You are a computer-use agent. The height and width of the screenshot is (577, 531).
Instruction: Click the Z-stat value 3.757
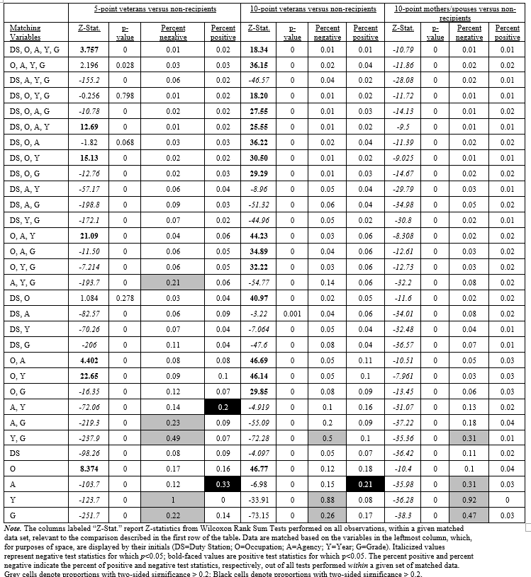point(89,50)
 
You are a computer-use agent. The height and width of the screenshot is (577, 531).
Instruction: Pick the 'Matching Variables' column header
point(25,32)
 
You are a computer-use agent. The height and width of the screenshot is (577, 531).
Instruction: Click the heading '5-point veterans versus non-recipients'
point(155,9)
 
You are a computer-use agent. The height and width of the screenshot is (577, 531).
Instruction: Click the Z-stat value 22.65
point(89,375)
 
